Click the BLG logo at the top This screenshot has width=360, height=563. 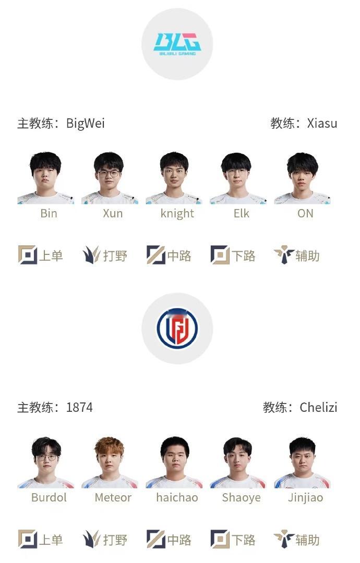coord(177,44)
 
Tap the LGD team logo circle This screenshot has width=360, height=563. coord(177,328)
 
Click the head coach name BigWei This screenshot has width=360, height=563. coord(85,124)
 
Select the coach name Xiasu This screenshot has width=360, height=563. coord(322,124)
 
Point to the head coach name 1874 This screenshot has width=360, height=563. coord(79,407)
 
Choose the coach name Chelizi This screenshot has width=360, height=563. coord(318,407)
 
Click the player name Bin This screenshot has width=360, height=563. coord(49,213)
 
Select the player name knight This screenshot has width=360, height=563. coord(177,213)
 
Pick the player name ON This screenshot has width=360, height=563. coord(305,213)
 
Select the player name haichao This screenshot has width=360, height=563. coord(177,497)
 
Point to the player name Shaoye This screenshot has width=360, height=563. coord(241,497)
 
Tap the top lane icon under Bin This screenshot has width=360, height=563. coord(28,255)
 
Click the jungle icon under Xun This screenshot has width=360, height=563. coord(91,255)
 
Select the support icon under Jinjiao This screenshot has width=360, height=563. coord(284,540)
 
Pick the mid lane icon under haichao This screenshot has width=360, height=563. coord(155,540)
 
